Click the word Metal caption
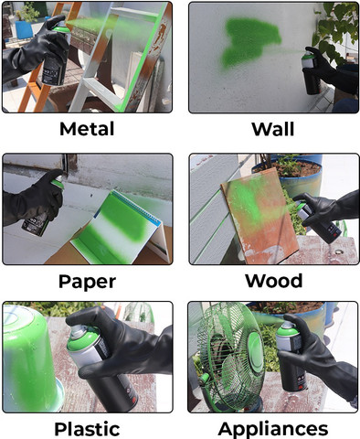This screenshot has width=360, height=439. [87, 129]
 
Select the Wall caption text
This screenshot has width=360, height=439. [273, 129]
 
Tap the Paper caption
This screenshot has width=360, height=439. [87, 282]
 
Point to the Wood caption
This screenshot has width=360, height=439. [273, 281]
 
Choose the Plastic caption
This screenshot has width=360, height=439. [87, 429]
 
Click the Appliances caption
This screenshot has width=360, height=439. [273, 429]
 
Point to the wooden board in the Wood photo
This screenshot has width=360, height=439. [259, 217]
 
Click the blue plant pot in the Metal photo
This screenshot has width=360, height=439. [24, 29]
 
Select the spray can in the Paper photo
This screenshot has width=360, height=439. [43, 210]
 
